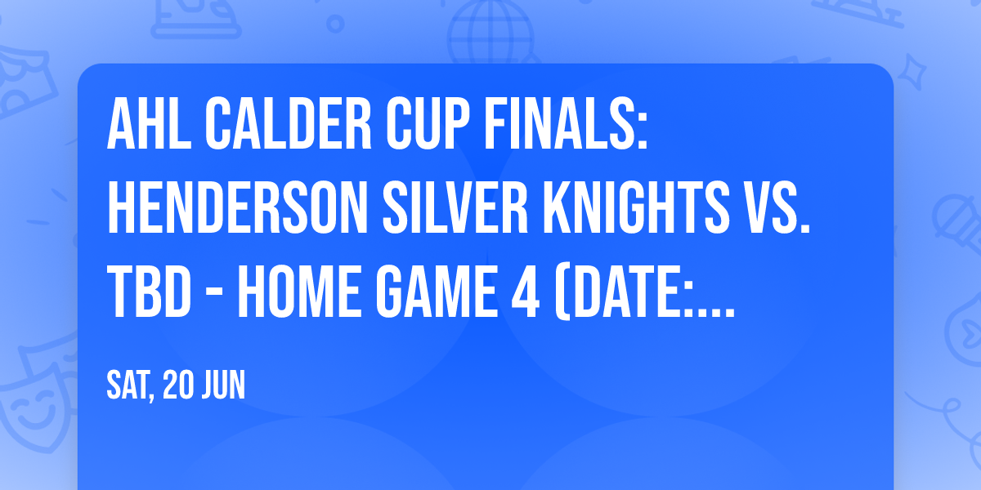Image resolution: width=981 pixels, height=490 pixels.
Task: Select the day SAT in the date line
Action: [x=129, y=385]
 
